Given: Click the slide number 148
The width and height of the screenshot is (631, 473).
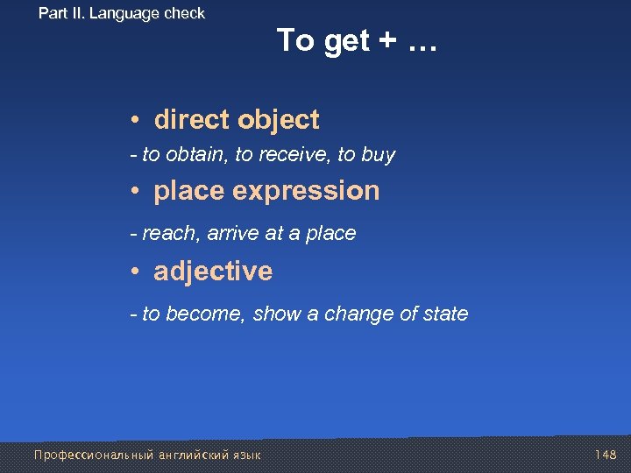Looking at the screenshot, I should pos(606,455).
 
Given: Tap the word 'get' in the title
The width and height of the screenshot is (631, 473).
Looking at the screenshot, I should pos(347,41).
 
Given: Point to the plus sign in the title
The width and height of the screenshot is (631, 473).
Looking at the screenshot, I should pos(386,41).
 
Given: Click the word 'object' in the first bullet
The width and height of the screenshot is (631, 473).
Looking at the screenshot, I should pos(281,119).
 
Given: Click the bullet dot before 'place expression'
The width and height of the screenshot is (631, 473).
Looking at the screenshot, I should pos(137,191).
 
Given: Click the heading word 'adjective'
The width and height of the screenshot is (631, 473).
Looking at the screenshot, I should pos(213,272).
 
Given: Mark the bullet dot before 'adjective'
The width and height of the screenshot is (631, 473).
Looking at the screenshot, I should pos(137,272).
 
